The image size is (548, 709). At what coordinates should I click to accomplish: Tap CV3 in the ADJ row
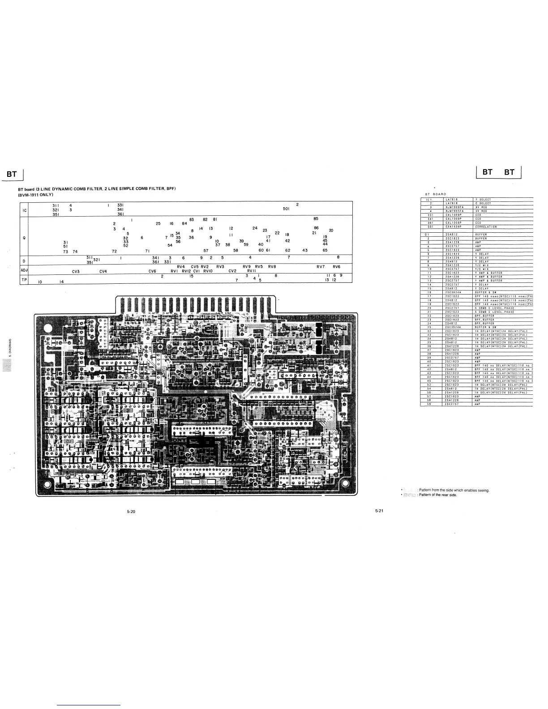point(76,271)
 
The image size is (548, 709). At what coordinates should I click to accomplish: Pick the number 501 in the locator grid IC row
point(287,209)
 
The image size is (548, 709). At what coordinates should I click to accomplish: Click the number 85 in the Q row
point(316,218)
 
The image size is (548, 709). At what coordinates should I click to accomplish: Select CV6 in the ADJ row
point(152,271)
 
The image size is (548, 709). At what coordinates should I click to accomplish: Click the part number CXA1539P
point(454,226)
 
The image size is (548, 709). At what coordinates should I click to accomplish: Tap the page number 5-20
point(131,512)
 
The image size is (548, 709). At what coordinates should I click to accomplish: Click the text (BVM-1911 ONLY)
point(36,194)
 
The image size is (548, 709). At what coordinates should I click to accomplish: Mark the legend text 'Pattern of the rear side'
point(438,495)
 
